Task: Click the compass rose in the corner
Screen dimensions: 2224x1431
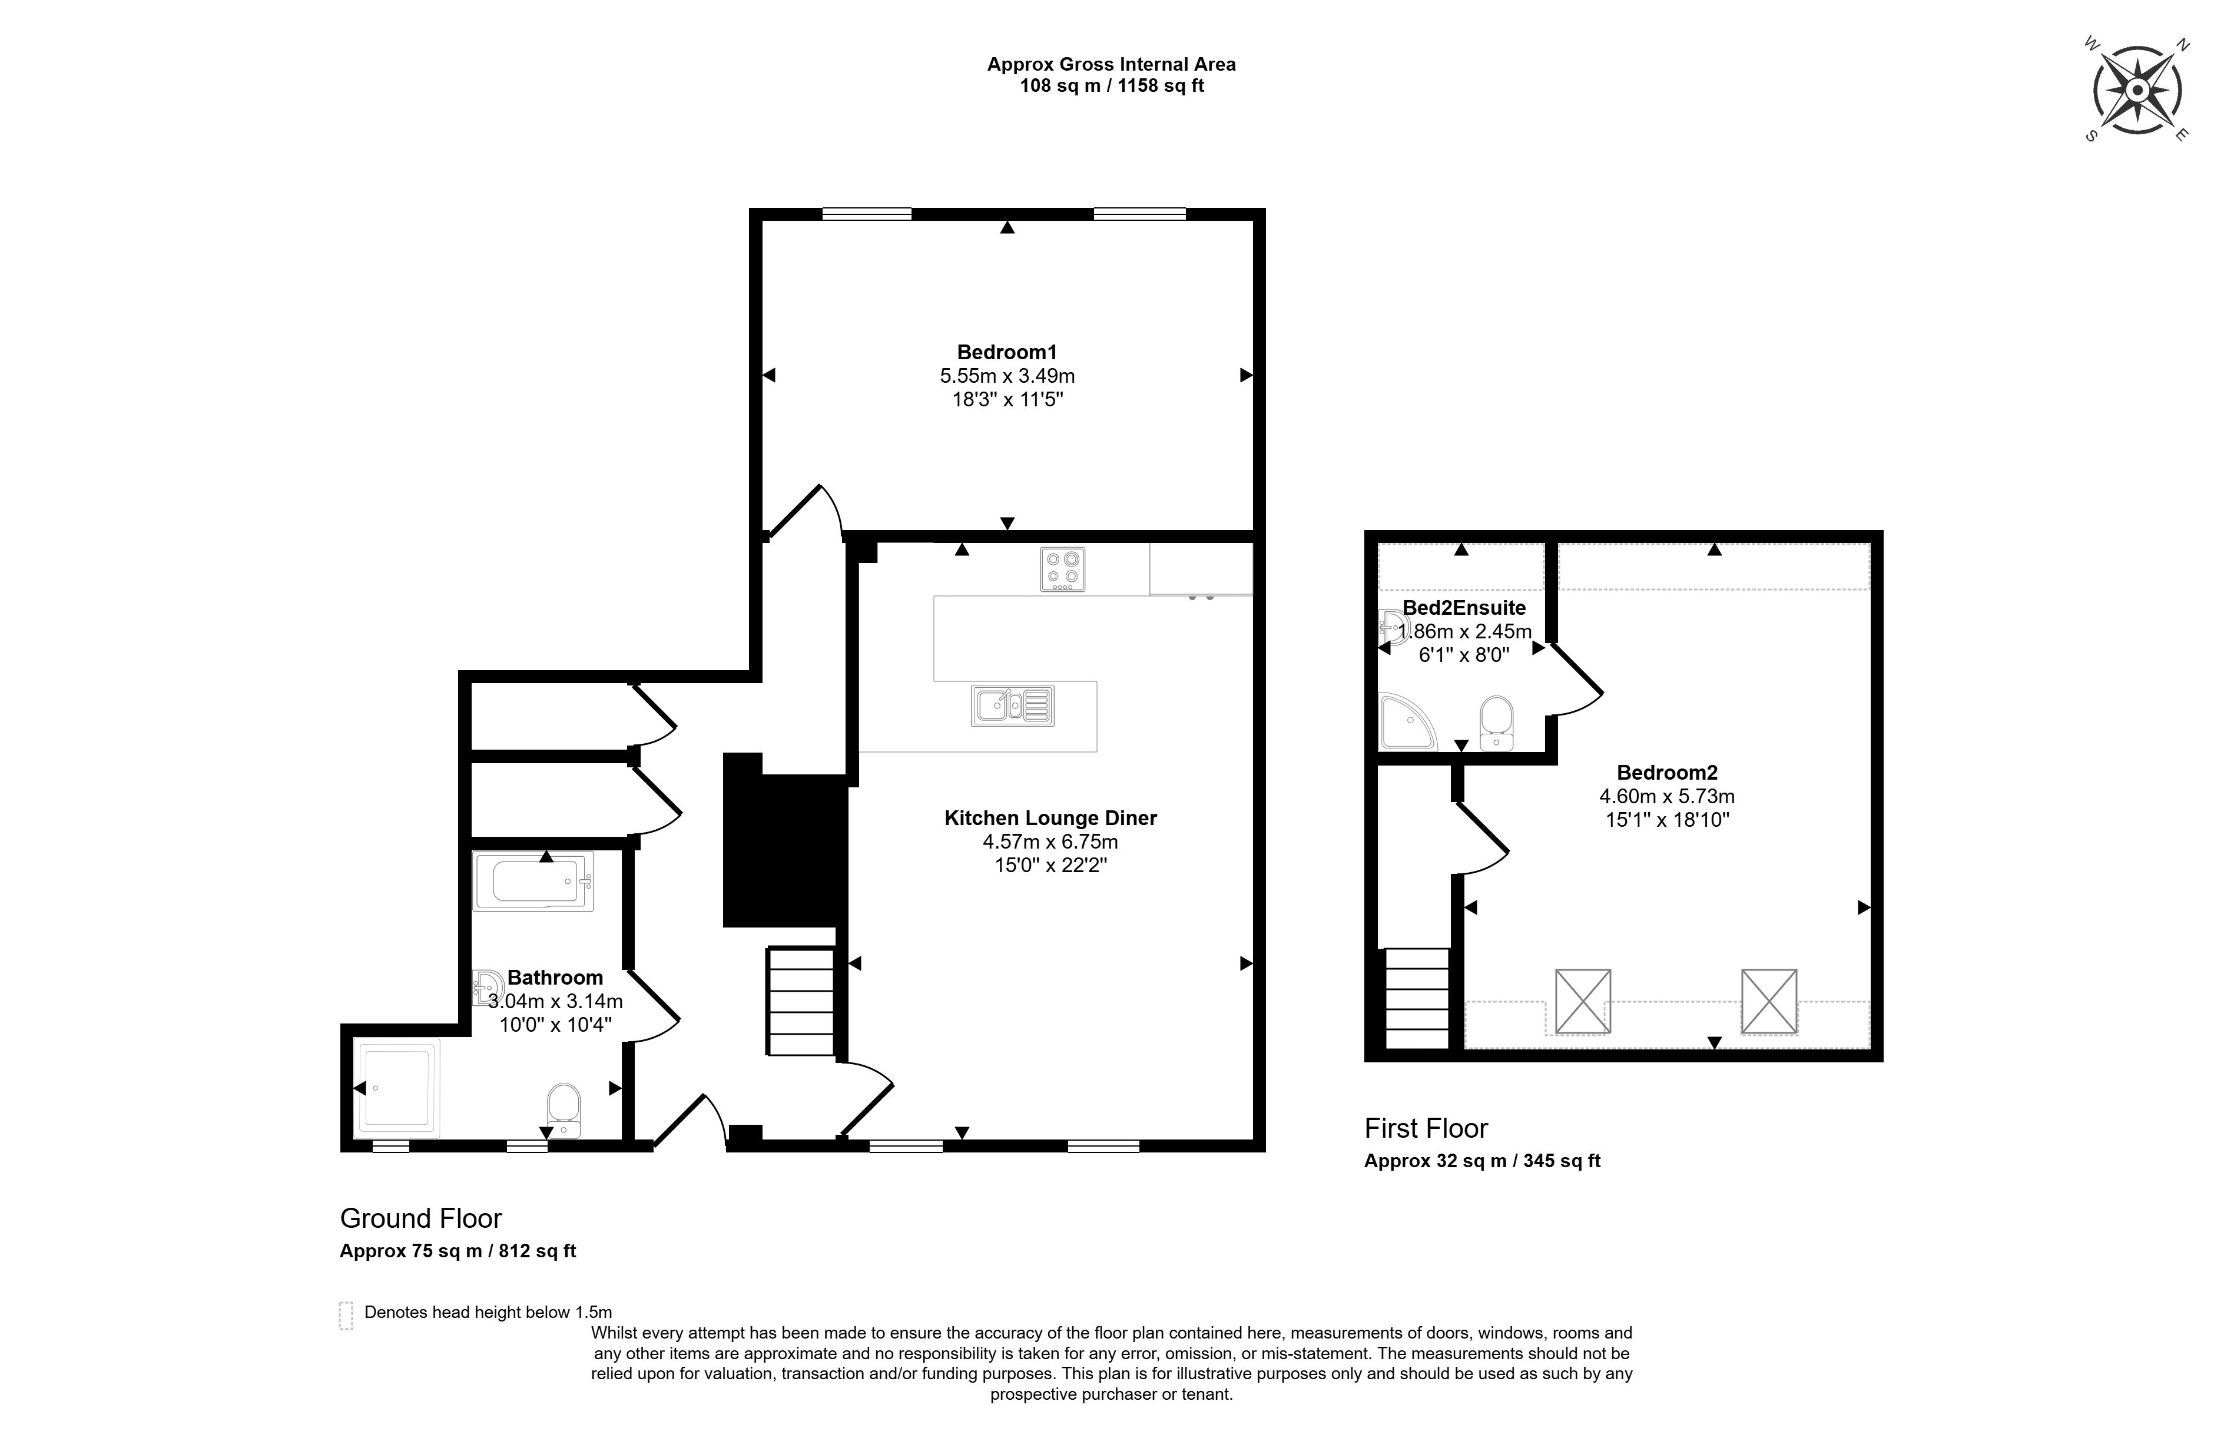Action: click(2137, 90)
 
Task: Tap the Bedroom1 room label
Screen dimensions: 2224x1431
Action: click(1007, 352)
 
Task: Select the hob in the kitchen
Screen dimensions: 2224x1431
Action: click(1063, 569)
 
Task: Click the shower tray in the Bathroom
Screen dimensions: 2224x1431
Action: click(397, 1089)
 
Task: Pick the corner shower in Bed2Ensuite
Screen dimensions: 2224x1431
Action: click(1407, 722)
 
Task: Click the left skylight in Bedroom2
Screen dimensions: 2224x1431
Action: click(1583, 1001)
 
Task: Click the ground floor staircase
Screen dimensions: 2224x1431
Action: click(801, 1001)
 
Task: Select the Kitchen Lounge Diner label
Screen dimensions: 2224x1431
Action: click(1050, 818)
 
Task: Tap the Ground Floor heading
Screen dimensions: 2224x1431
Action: click(421, 1218)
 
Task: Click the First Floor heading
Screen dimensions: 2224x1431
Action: click(1426, 1128)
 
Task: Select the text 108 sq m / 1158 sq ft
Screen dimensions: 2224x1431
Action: click(1112, 85)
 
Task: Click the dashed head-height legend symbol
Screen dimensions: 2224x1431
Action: click(346, 1316)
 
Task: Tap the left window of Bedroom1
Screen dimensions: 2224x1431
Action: click(867, 214)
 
